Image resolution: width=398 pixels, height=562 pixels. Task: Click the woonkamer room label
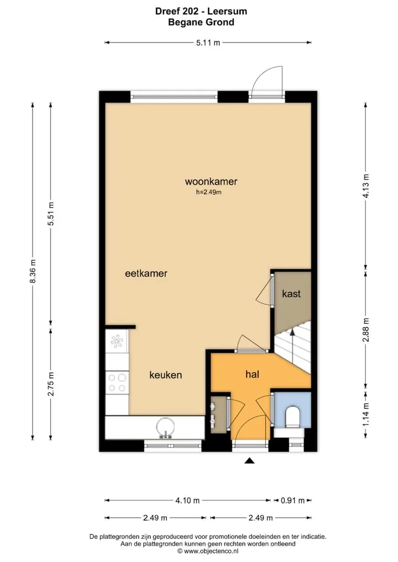[211, 182]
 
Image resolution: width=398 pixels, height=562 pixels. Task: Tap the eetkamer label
[146, 273]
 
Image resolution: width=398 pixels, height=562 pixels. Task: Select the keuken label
[166, 375]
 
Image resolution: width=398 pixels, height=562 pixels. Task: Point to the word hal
[252, 374]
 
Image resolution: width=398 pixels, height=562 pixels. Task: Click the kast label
[291, 294]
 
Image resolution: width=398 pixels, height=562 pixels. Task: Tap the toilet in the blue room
[292, 417]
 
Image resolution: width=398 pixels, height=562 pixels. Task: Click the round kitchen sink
[165, 428]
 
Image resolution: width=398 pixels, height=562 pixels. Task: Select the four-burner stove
[117, 383]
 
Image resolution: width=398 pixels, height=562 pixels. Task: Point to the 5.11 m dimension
[208, 43]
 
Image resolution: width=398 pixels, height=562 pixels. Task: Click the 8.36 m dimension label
[33, 271]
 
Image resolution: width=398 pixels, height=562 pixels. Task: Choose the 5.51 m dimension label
[51, 214]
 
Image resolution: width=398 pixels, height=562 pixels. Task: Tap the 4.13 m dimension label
[366, 185]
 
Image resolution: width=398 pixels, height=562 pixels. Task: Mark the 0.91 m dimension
[292, 500]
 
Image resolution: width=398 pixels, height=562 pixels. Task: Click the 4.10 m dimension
[187, 500]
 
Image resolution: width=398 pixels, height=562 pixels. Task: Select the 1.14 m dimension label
[366, 415]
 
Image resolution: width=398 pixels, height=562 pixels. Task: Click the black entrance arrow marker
[250, 461]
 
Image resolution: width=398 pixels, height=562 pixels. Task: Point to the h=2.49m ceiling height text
[208, 192]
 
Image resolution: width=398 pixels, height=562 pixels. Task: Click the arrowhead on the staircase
[292, 332]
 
